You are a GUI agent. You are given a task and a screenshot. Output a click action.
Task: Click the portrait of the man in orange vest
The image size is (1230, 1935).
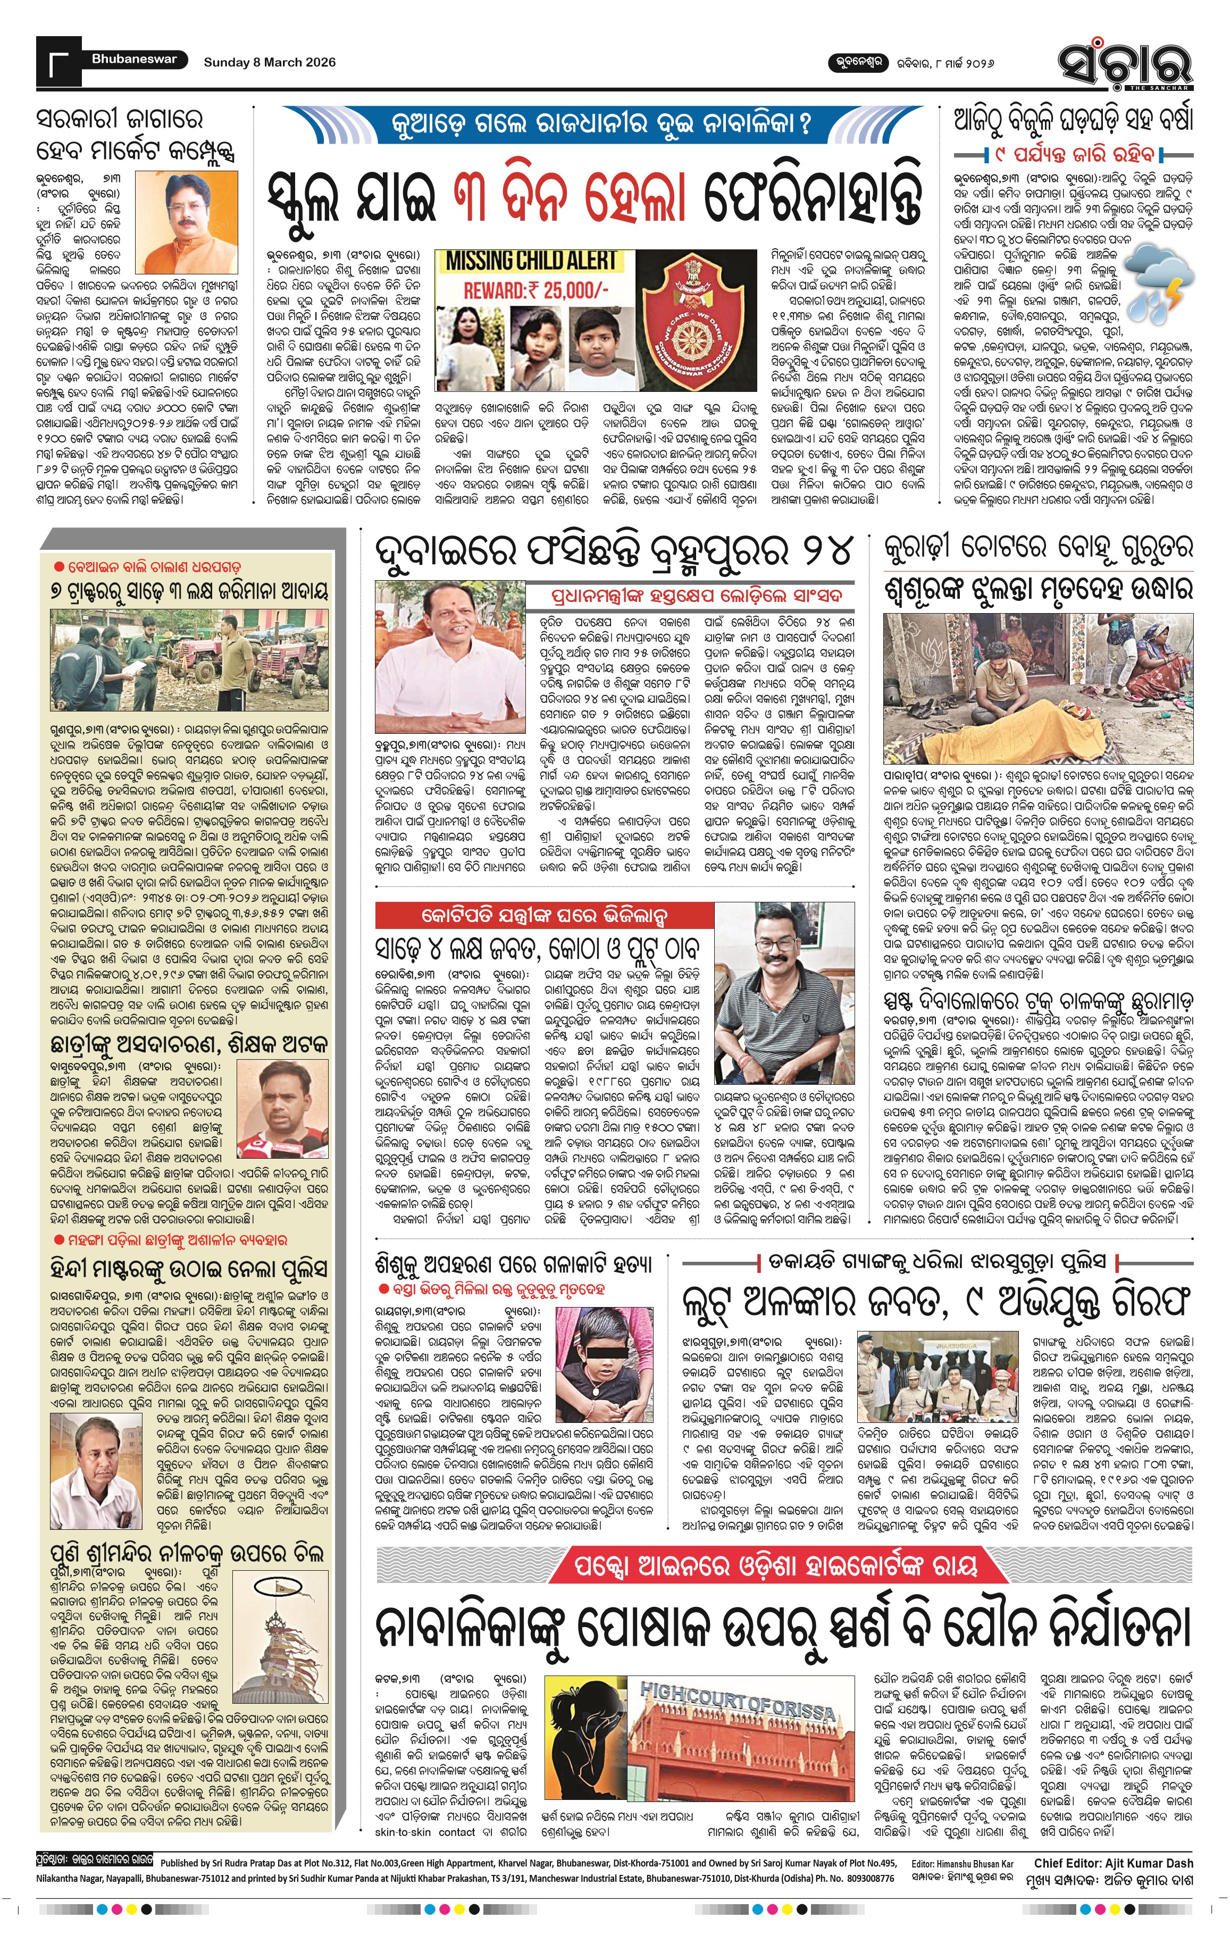click(187, 224)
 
